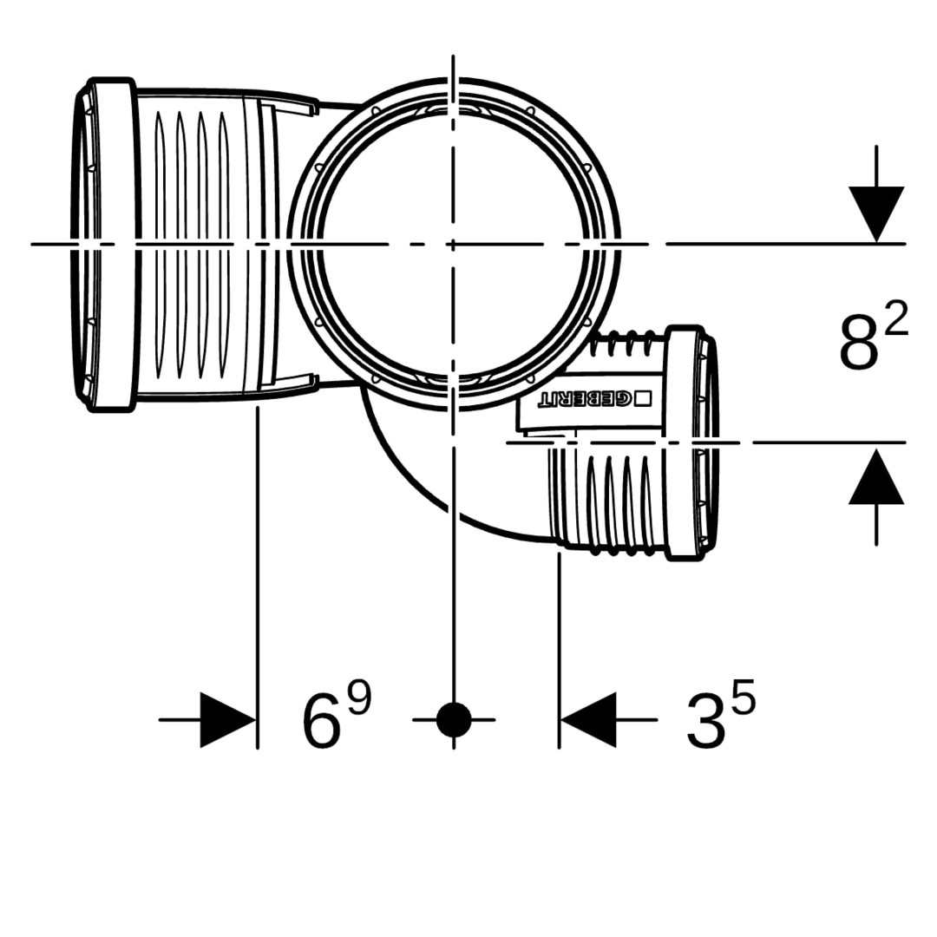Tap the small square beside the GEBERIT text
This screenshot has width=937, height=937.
pos(643,398)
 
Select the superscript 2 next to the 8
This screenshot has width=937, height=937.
pos(896,318)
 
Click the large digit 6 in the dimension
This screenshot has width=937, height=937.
pos(323,723)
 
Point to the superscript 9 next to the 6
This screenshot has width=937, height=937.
pos(360,697)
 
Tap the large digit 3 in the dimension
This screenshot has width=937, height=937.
pos(705,723)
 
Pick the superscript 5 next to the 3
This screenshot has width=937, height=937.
pos(744,698)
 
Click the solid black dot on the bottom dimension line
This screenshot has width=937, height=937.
pos(454,719)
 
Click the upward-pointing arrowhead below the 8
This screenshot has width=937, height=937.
pos(876,476)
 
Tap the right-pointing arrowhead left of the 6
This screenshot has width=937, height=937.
pos(227,719)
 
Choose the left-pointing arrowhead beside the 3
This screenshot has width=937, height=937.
pos(588,719)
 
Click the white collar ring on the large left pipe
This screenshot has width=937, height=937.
pos(112,245)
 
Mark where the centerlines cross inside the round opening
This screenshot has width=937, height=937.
pos(454,244)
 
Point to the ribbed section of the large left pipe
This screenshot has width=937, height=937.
pos(190,245)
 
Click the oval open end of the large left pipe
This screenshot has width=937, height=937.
pos(83,245)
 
